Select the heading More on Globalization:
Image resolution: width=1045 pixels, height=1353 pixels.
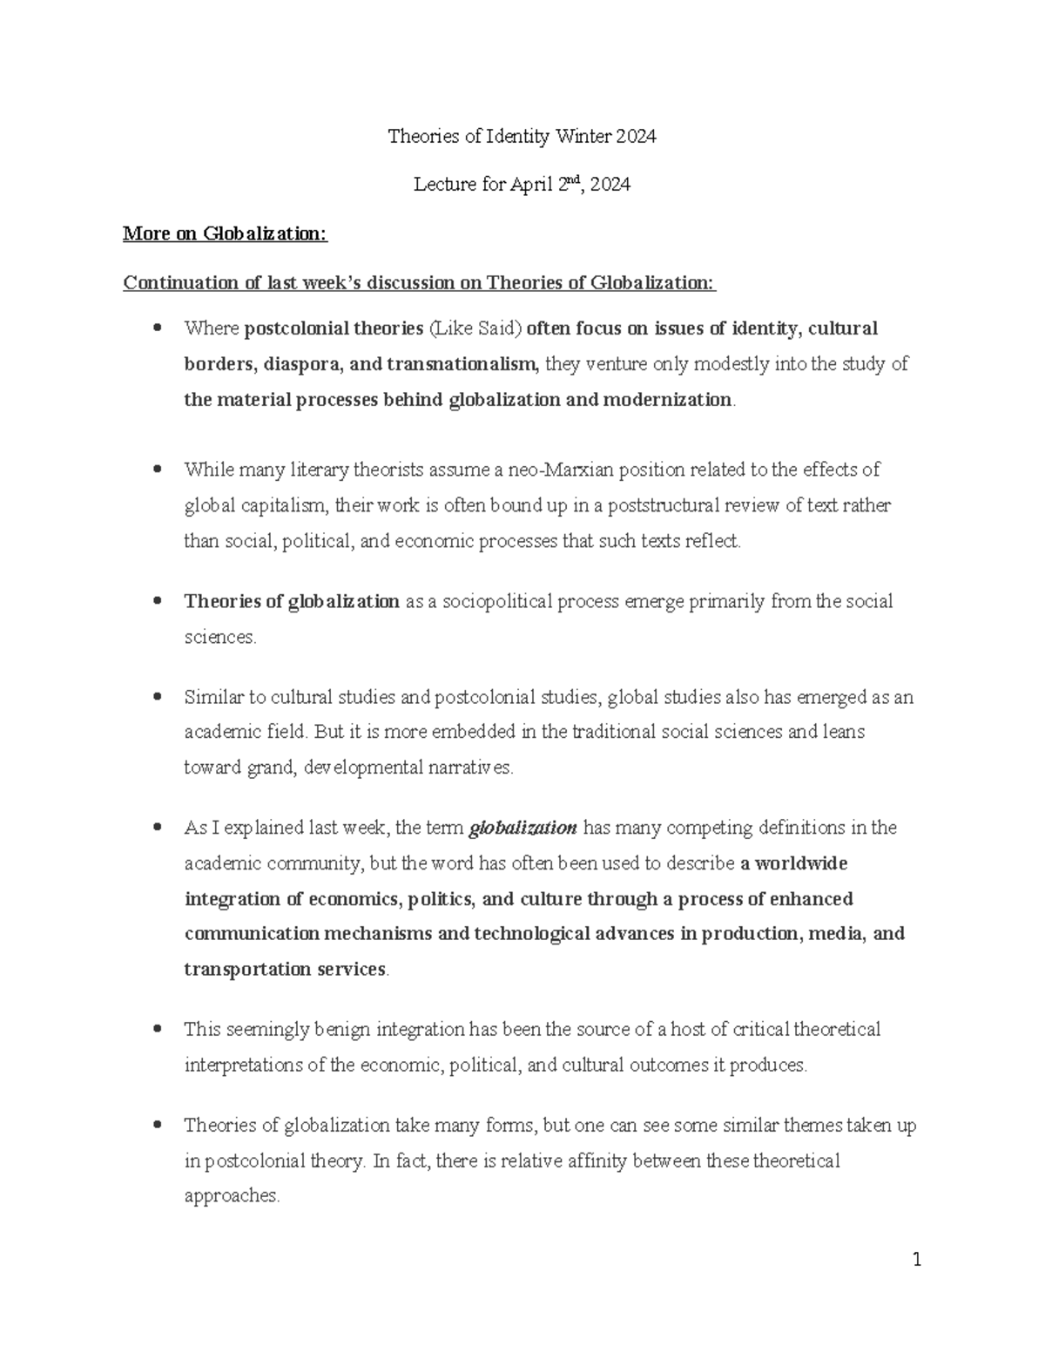(225, 233)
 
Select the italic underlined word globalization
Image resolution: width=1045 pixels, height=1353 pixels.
(522, 828)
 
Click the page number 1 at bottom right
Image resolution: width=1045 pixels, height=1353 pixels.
(916, 1259)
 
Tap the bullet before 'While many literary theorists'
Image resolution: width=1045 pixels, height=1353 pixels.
(157, 470)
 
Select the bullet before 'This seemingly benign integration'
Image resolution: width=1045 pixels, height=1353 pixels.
(157, 1030)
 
